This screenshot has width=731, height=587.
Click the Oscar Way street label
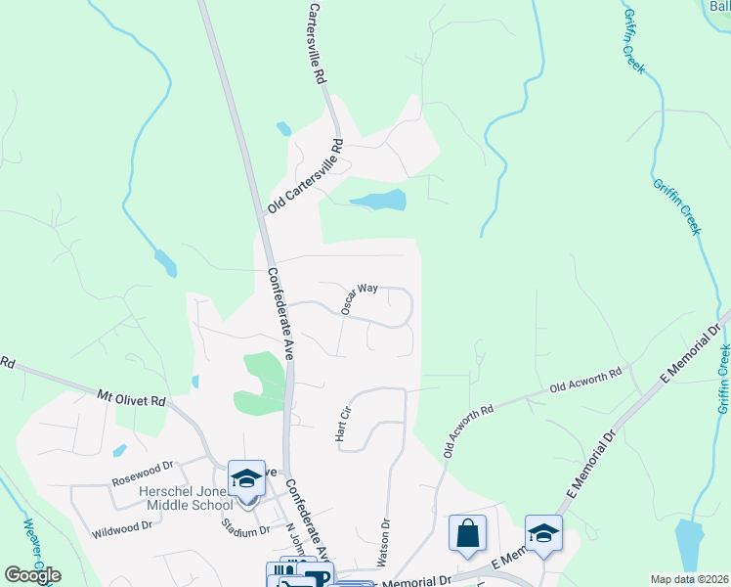[x=359, y=297]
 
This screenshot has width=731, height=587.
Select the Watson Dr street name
[x=384, y=542]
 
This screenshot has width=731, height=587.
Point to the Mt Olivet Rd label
[x=133, y=399]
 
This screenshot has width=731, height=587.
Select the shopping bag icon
[x=468, y=533]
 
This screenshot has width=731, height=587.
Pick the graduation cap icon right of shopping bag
[x=543, y=533]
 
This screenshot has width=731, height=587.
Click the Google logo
[x=32, y=575]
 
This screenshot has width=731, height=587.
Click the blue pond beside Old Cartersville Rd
[x=378, y=201]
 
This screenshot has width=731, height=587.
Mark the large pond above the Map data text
[x=689, y=543]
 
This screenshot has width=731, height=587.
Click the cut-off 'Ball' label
[x=718, y=6]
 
